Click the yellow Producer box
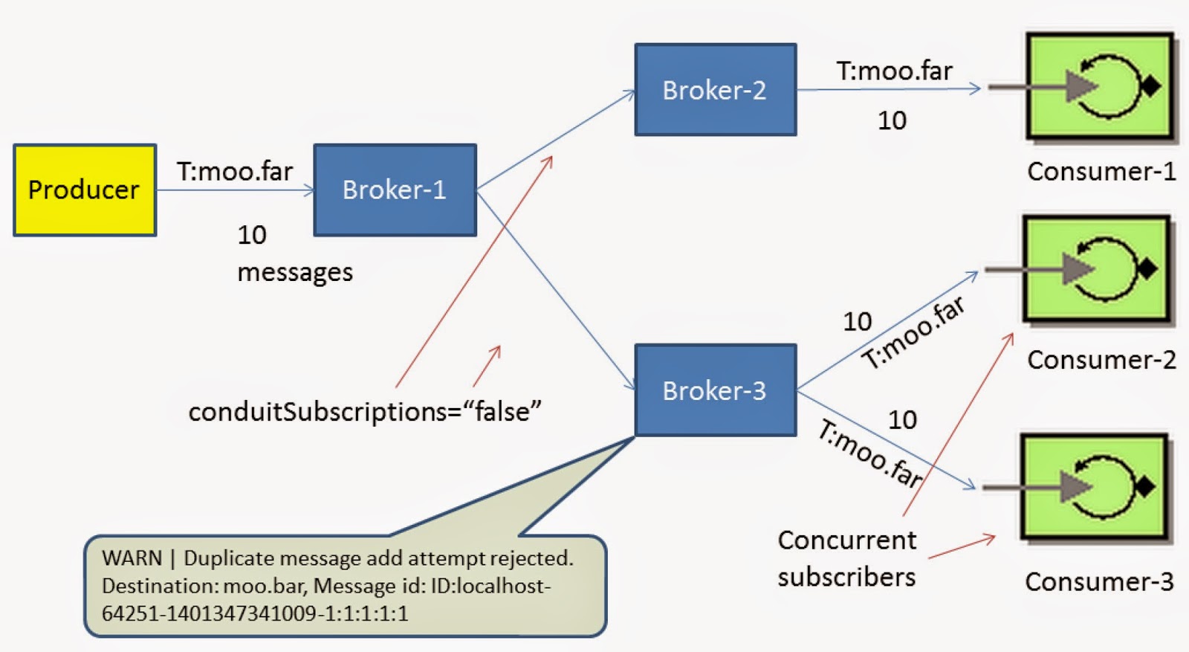[x=85, y=190]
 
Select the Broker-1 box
[x=395, y=190]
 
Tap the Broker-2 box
[x=715, y=90]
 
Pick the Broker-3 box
[x=715, y=390]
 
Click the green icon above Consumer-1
[x=1100, y=86]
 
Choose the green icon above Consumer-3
[x=1094, y=486]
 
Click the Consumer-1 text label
[x=1101, y=172]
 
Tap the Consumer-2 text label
[x=1101, y=360]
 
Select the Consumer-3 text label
[x=1099, y=581]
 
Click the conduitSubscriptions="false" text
[x=365, y=411]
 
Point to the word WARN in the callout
[x=132, y=558]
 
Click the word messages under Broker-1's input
[x=295, y=273]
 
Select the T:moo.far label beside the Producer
[x=234, y=172]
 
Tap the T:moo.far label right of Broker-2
[x=894, y=71]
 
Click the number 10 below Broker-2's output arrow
[x=892, y=120]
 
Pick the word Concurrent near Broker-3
[x=846, y=540]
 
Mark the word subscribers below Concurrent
[x=846, y=577]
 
